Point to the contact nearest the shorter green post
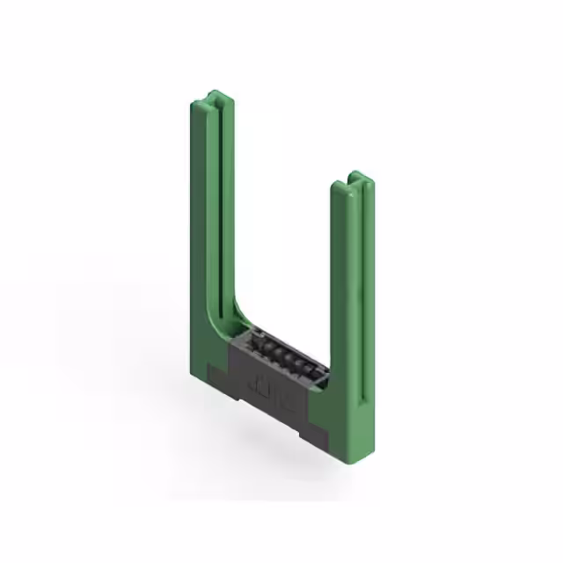click(310, 364)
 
